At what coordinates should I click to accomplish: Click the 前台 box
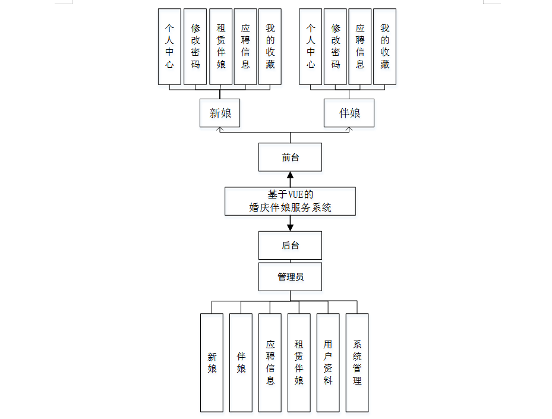click(x=290, y=157)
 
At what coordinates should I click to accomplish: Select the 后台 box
click(x=290, y=245)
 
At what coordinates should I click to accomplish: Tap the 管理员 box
click(x=290, y=277)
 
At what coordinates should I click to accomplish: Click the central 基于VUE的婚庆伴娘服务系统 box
click(x=290, y=201)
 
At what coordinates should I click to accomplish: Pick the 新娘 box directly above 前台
click(x=220, y=113)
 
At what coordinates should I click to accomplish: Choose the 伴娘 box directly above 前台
click(x=349, y=113)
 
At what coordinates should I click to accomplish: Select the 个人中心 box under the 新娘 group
click(x=169, y=46)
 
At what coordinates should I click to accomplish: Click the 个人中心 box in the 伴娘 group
click(x=311, y=46)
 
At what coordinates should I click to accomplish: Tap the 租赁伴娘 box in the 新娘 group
click(x=220, y=46)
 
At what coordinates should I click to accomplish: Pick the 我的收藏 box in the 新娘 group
click(x=270, y=46)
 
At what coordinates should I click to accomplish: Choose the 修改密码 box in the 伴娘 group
click(x=336, y=46)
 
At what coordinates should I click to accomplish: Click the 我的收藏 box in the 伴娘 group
click(x=385, y=46)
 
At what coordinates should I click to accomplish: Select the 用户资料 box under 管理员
click(x=328, y=363)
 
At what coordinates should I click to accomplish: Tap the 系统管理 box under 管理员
click(x=357, y=363)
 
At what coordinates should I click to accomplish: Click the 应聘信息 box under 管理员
click(x=270, y=363)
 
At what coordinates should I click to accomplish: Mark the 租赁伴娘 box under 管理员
click(x=299, y=363)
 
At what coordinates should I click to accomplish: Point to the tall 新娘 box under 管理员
click(x=212, y=363)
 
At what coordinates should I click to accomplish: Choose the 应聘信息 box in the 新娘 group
click(x=245, y=46)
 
